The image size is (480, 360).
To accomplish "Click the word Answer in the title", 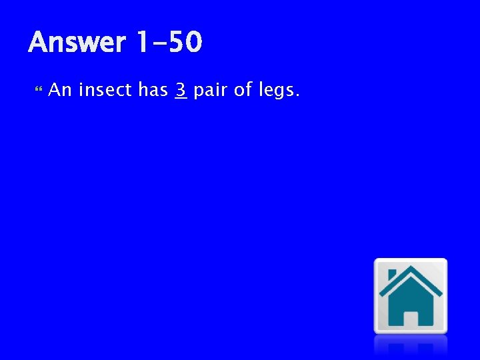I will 76,43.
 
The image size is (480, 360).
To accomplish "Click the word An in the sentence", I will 60,90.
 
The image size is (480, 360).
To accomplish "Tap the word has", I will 153,90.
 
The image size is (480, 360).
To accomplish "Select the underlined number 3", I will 180,89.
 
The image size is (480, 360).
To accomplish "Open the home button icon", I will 410,295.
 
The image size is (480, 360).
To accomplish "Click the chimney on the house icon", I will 392,275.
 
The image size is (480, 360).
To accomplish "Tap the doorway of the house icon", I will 411,319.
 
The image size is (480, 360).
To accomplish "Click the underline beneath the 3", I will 180,99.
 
